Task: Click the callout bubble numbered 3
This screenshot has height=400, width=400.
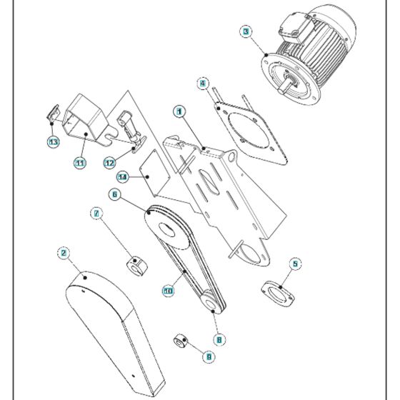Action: [246, 31]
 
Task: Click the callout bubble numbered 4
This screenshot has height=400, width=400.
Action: [203, 84]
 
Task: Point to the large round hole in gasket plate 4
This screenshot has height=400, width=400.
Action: [249, 134]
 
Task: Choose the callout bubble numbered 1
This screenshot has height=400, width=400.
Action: [179, 111]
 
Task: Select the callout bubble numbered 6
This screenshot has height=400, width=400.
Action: [114, 194]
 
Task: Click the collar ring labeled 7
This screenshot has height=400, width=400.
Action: [136, 268]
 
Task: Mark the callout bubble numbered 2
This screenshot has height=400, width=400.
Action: [64, 253]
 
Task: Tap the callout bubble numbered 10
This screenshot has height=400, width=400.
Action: [169, 291]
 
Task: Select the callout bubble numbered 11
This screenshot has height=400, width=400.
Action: [79, 164]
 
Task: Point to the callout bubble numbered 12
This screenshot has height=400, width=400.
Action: [109, 163]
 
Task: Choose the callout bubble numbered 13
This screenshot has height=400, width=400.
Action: [54, 142]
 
